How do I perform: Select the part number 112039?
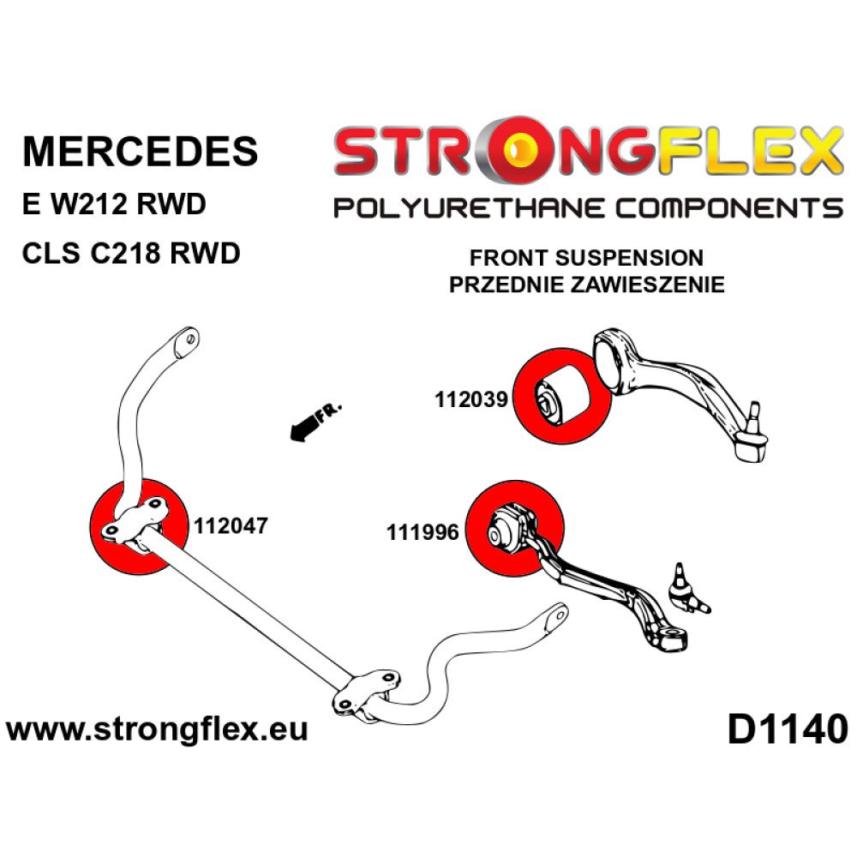point(472,399)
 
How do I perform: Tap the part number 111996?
point(423,532)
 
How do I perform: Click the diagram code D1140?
point(786,730)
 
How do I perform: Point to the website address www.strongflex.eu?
point(157,730)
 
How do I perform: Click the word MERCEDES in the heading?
point(140,151)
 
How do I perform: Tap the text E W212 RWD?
point(114,206)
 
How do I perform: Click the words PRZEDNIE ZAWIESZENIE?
point(586,285)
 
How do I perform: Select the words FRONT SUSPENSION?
point(586,258)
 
